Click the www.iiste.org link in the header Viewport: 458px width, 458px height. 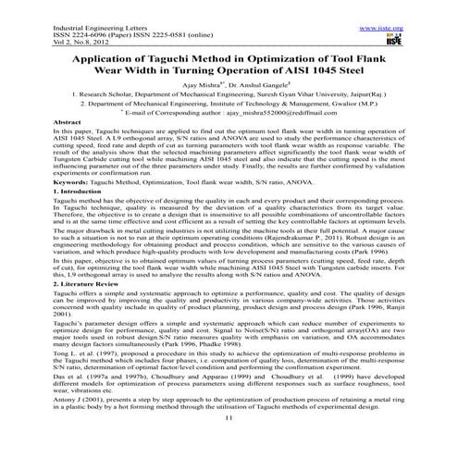[x=420, y=5]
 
